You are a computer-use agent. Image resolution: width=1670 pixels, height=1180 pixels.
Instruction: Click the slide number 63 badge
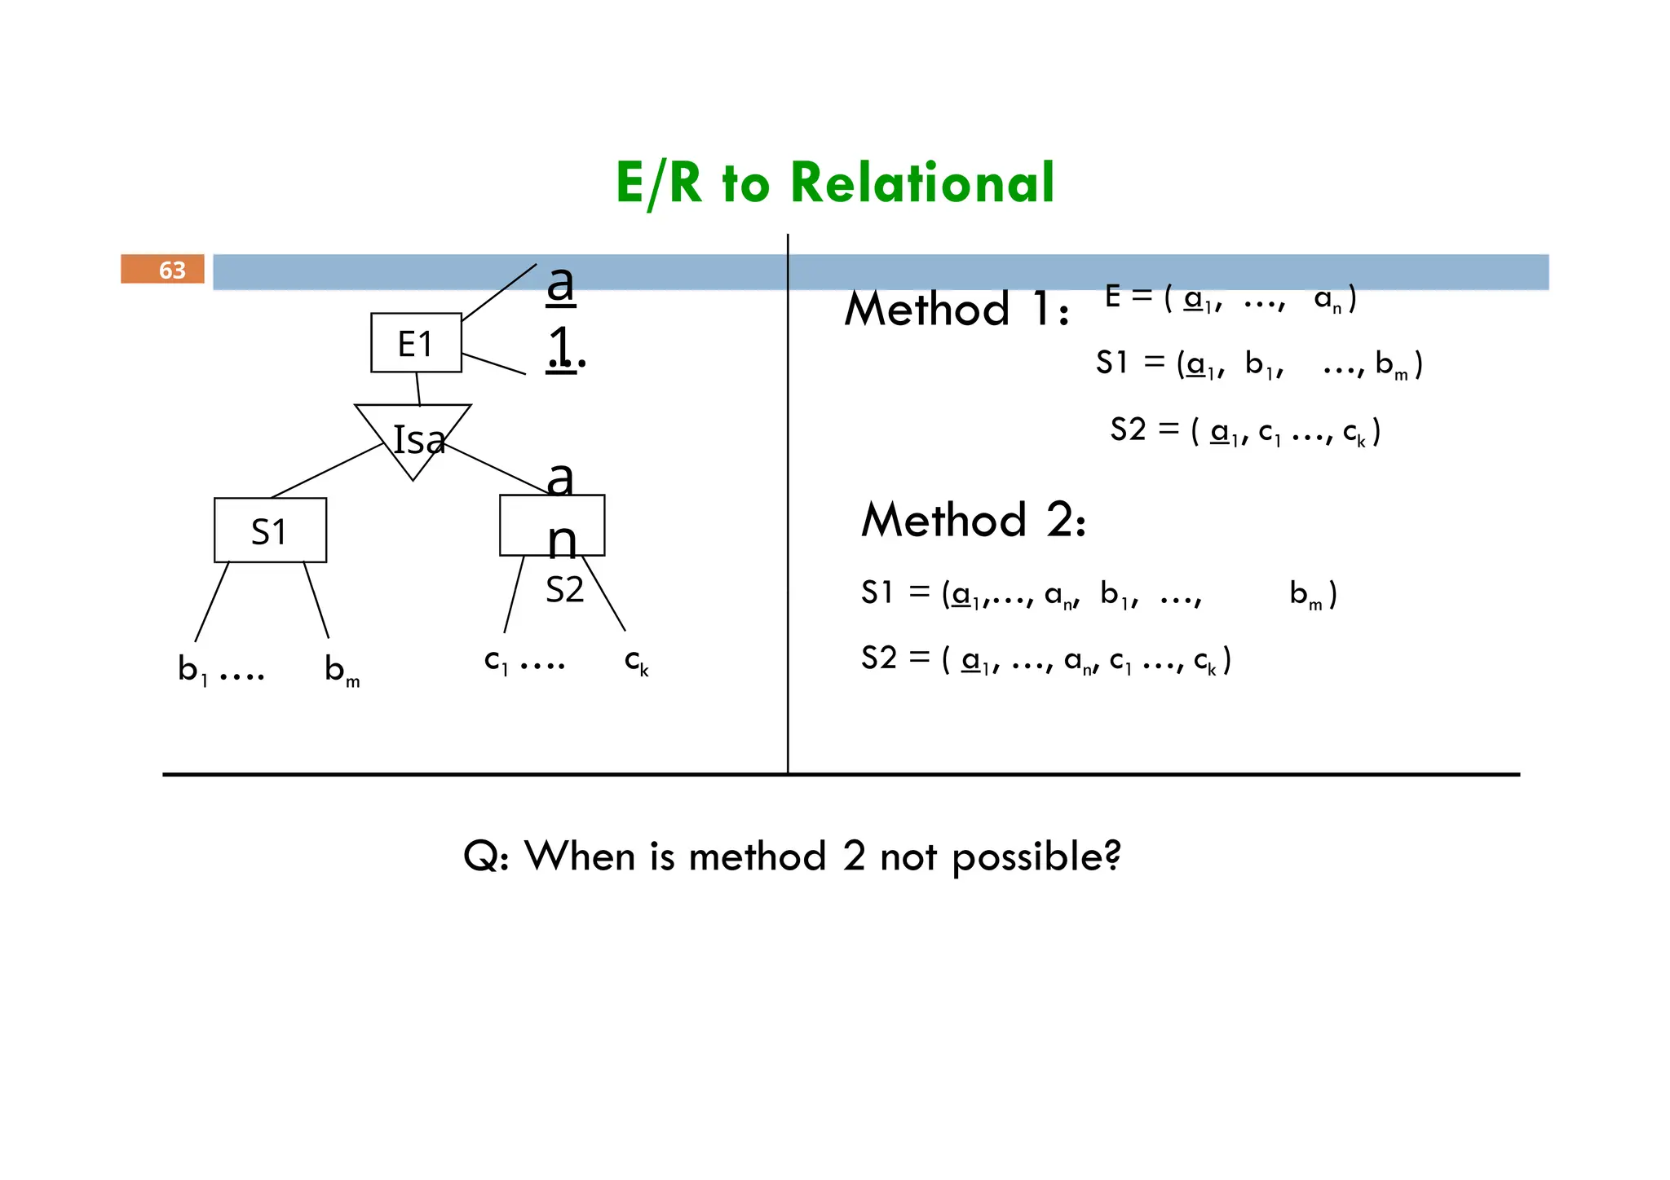[x=162, y=269]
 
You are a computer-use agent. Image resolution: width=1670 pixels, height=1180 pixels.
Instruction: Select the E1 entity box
[x=416, y=343]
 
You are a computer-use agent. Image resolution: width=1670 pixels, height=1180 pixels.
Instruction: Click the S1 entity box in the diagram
[x=270, y=531]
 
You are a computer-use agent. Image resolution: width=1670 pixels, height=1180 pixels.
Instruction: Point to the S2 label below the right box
[x=564, y=589]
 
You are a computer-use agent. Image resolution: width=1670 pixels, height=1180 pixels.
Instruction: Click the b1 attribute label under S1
[x=193, y=670]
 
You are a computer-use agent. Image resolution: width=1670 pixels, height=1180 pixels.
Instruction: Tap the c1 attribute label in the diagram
[x=496, y=661]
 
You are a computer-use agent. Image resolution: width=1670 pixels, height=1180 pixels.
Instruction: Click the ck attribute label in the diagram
[x=636, y=662]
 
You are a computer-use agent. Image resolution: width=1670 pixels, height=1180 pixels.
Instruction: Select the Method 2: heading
[x=974, y=520]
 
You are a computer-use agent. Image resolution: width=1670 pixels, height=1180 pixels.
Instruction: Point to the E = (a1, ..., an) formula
[x=1230, y=298]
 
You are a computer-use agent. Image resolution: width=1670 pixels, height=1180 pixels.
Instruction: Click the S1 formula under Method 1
[x=1258, y=363]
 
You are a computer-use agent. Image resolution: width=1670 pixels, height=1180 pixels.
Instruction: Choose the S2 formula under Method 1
[x=1244, y=430]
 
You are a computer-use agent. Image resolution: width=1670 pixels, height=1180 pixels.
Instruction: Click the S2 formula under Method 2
[x=1045, y=659]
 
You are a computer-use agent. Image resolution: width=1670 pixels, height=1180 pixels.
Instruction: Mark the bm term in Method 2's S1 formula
[x=1306, y=594]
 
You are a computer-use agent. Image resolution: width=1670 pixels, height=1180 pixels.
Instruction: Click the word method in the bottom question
[x=758, y=857]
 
